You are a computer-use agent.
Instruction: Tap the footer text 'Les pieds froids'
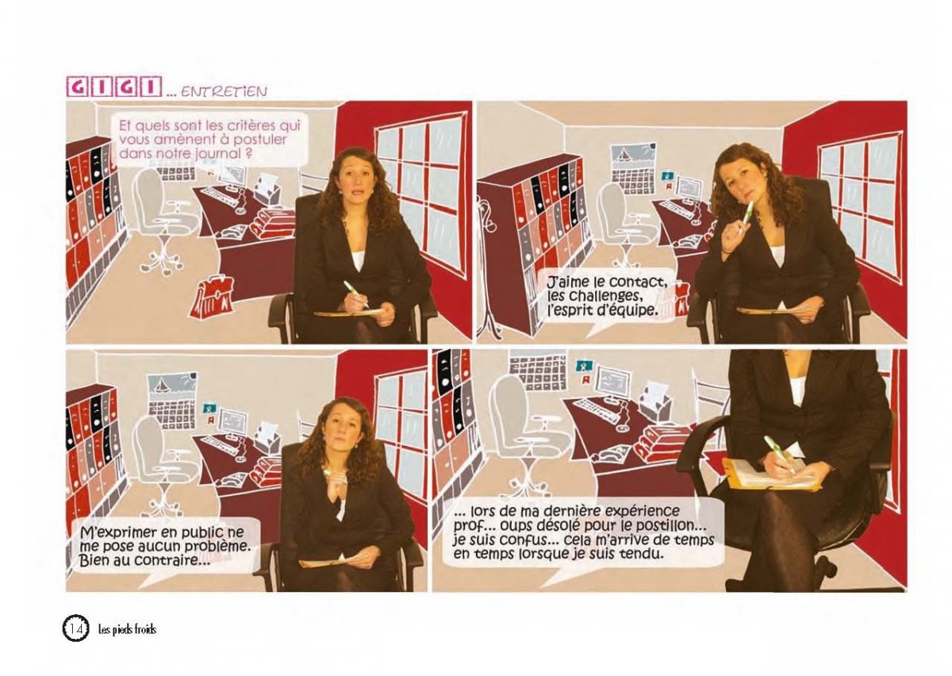coord(128,631)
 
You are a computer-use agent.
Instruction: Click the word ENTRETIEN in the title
coord(225,91)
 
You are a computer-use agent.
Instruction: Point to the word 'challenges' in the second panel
coord(612,297)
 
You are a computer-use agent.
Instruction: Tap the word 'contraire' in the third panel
coord(174,560)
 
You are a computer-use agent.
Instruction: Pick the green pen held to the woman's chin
coord(746,215)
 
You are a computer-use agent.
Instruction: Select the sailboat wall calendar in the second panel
coord(632,167)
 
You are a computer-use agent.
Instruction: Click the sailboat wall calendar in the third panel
coord(171,399)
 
